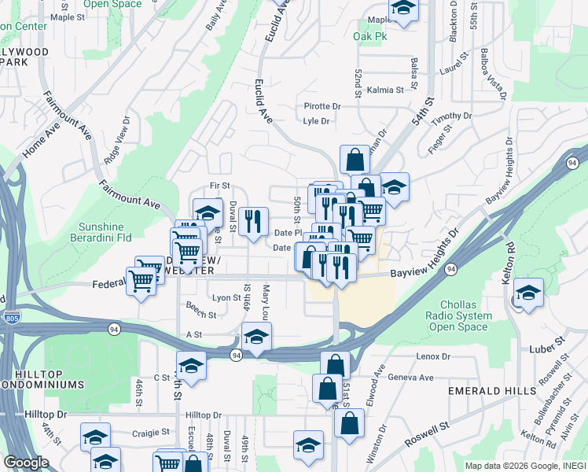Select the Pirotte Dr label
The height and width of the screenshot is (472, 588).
pos(322,106)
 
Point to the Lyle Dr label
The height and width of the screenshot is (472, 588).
pos(316,121)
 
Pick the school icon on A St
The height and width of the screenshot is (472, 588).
pos(255,338)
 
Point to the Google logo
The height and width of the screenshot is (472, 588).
pos(26,463)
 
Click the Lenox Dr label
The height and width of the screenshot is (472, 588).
pos(433,356)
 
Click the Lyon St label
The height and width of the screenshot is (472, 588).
pos(226,297)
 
